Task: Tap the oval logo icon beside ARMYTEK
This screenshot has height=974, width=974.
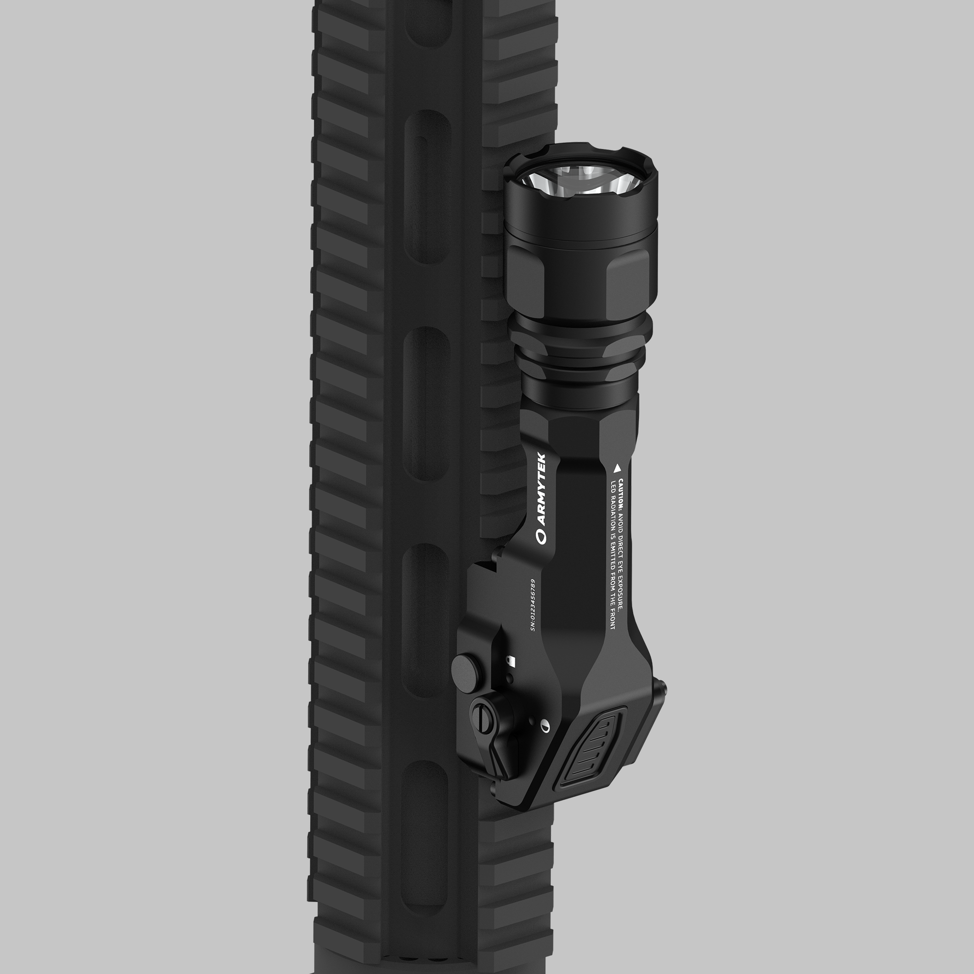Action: (542, 536)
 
